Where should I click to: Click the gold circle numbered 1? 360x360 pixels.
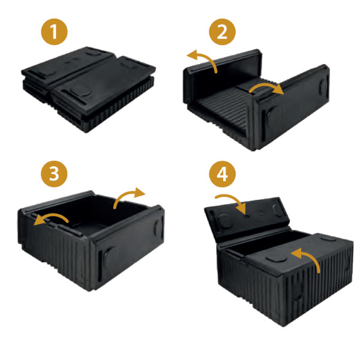(54, 32)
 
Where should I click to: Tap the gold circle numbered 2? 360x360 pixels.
(222, 32)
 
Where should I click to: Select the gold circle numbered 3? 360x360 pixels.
(54, 173)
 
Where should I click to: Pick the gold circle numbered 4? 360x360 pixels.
(222, 173)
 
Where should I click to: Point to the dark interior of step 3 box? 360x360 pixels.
(97, 214)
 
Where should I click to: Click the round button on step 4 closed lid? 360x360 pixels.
(276, 258)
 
